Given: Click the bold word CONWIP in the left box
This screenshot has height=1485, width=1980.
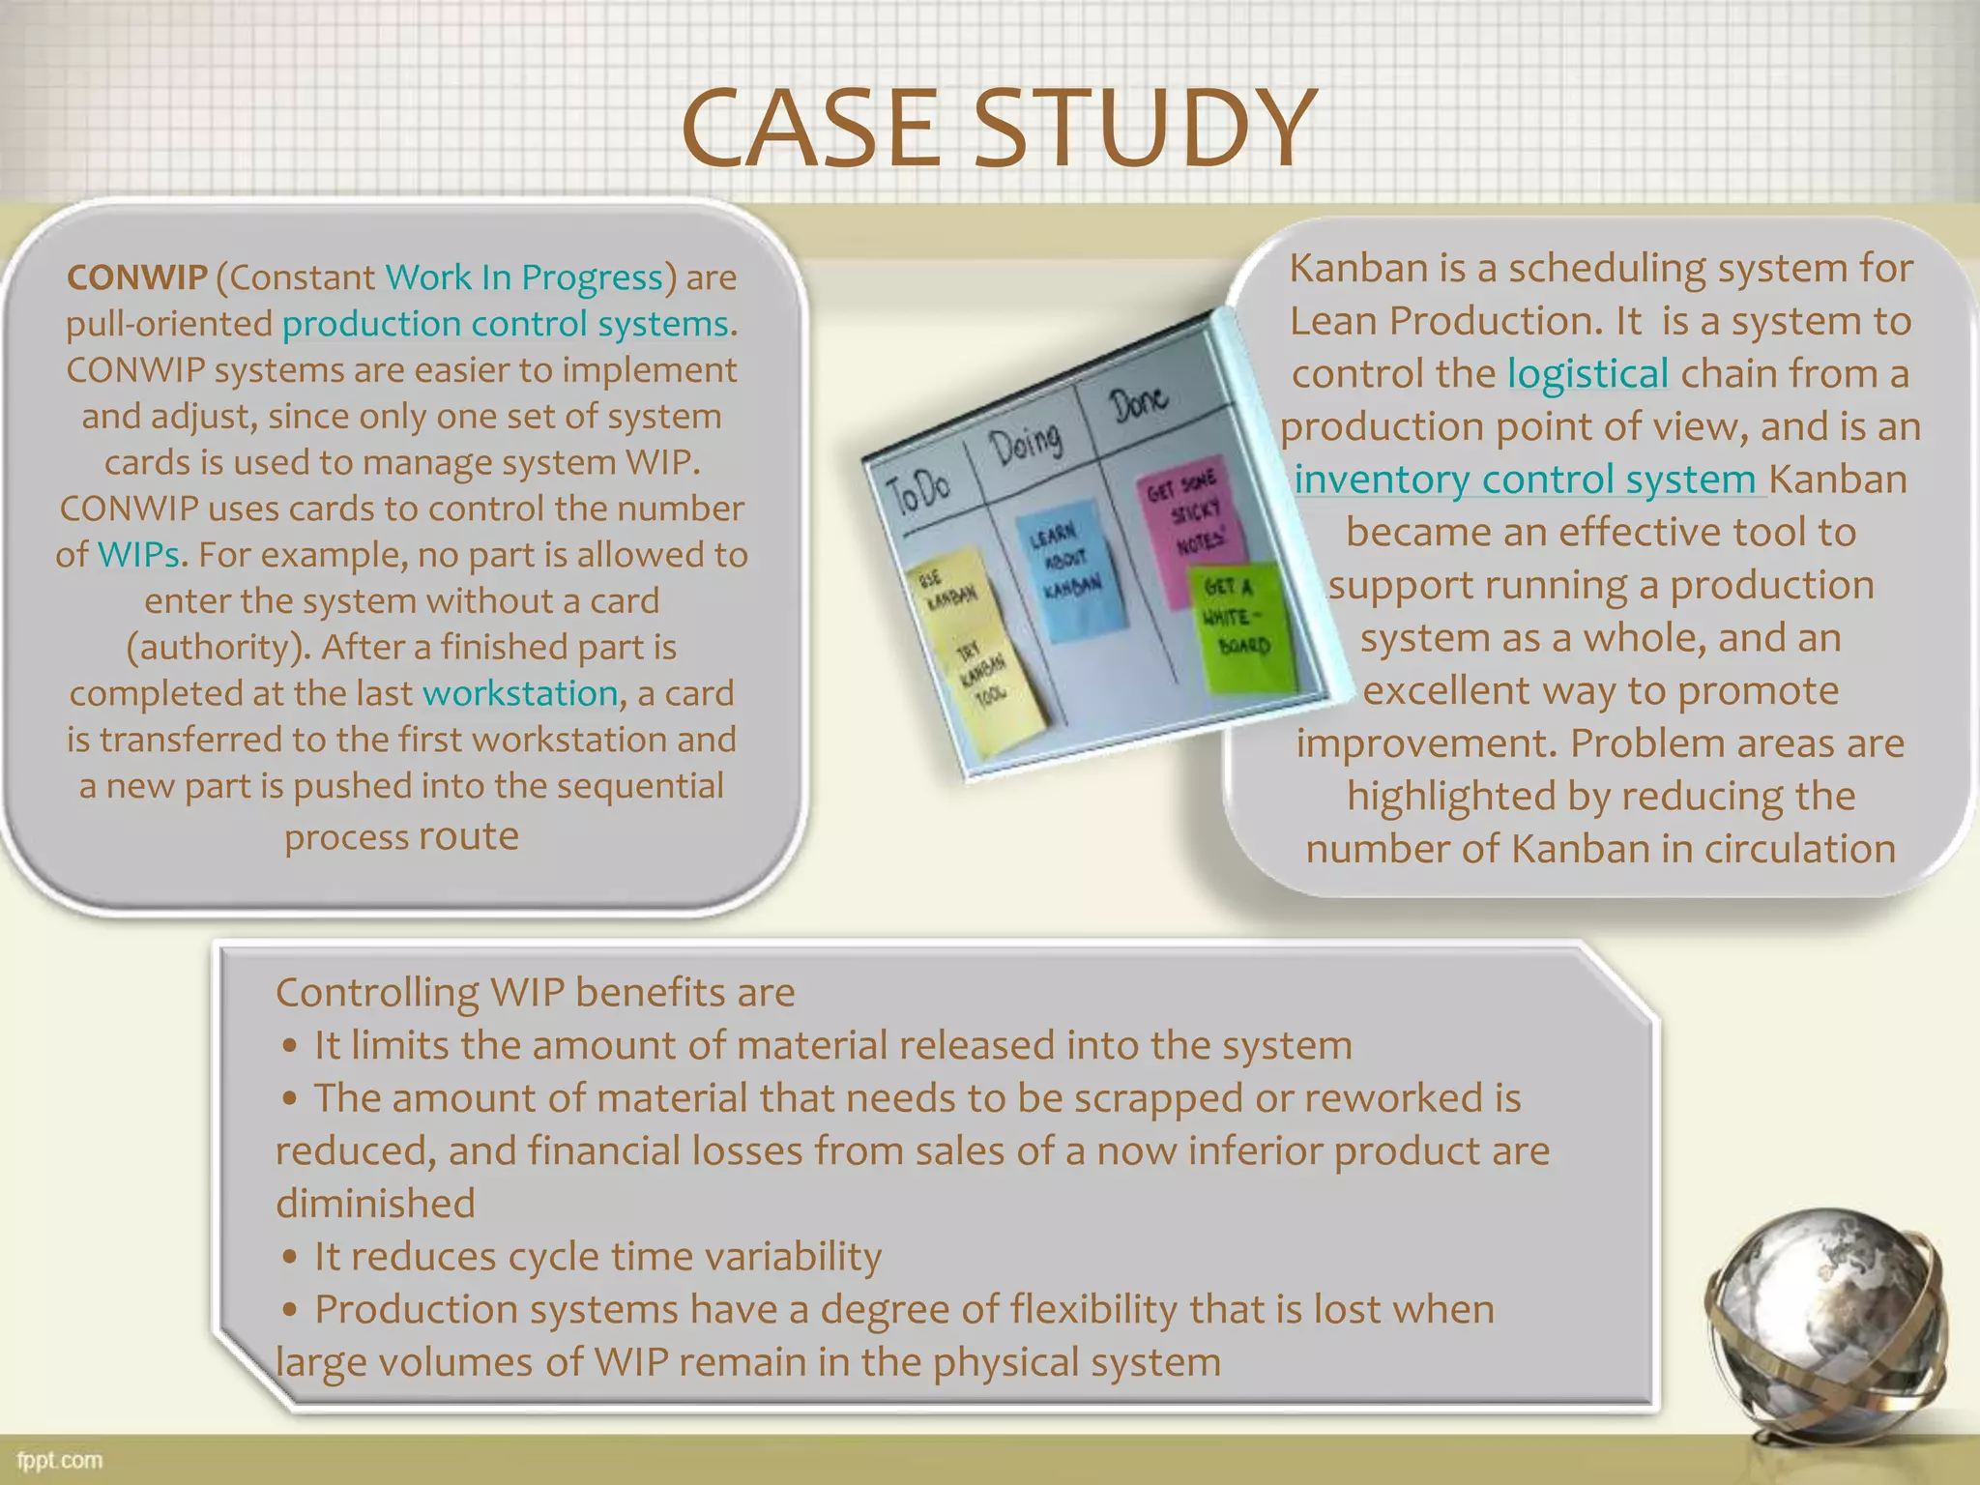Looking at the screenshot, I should click(136, 277).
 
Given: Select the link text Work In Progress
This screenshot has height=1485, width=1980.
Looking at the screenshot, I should click(524, 277).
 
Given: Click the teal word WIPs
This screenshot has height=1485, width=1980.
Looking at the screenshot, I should click(138, 555).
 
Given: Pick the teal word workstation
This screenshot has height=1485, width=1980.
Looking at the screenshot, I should click(520, 693).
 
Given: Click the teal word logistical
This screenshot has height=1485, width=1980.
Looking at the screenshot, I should click(1587, 374).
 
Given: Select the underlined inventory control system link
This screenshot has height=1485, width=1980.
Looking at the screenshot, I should click(1525, 480).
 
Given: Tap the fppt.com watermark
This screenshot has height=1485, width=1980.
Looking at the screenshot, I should click(59, 1460).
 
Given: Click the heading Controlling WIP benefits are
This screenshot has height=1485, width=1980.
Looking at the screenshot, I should click(535, 993).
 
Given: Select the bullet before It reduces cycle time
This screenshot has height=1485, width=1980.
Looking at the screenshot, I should click(290, 1258).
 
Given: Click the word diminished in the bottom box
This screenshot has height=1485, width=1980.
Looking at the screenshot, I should click(375, 1205).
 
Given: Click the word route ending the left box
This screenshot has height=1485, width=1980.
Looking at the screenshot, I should click(469, 836).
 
